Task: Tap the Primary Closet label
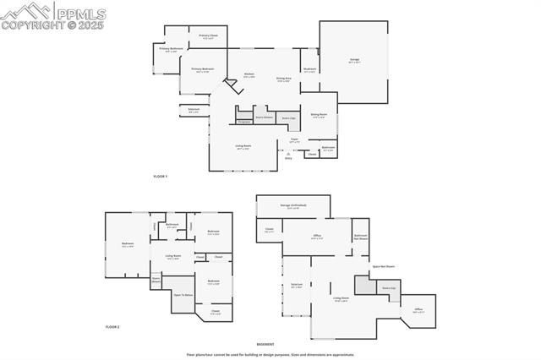click(208, 36)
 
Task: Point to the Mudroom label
click(309, 70)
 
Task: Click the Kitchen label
click(249, 75)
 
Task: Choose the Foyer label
click(294, 140)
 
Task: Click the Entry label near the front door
click(288, 157)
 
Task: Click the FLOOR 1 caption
click(161, 176)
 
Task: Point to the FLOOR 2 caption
click(112, 326)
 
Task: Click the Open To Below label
click(183, 295)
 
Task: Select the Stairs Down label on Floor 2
click(156, 279)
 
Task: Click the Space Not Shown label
click(384, 266)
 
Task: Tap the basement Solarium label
click(297, 285)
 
